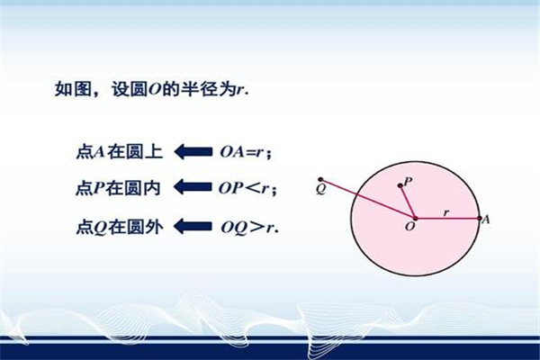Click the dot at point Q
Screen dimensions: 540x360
pyautogui.click(x=320, y=179)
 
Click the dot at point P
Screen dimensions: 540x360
pyautogui.click(x=400, y=185)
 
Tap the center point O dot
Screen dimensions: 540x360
pyautogui.click(x=415, y=219)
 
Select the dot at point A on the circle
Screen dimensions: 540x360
pyautogui.click(x=480, y=219)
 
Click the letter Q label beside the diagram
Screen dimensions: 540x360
pyautogui.click(x=320, y=189)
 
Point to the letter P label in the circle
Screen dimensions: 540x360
pyautogui.click(x=408, y=181)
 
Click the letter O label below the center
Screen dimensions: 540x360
pyautogui.click(x=409, y=227)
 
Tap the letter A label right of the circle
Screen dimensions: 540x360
pyautogui.click(x=486, y=219)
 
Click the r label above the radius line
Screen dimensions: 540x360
pyautogui.click(x=446, y=212)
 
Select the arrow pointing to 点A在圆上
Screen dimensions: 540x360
pyautogui.click(x=193, y=151)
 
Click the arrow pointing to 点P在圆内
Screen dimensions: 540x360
pyautogui.click(x=193, y=187)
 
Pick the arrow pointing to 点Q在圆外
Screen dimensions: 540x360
pyautogui.click(x=193, y=226)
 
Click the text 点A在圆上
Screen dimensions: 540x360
pyautogui.click(x=119, y=152)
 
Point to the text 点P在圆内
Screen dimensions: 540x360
pyautogui.click(x=118, y=188)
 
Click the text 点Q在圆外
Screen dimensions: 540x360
pyautogui.click(x=119, y=228)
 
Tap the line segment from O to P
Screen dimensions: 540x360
pyautogui.click(x=408, y=202)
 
